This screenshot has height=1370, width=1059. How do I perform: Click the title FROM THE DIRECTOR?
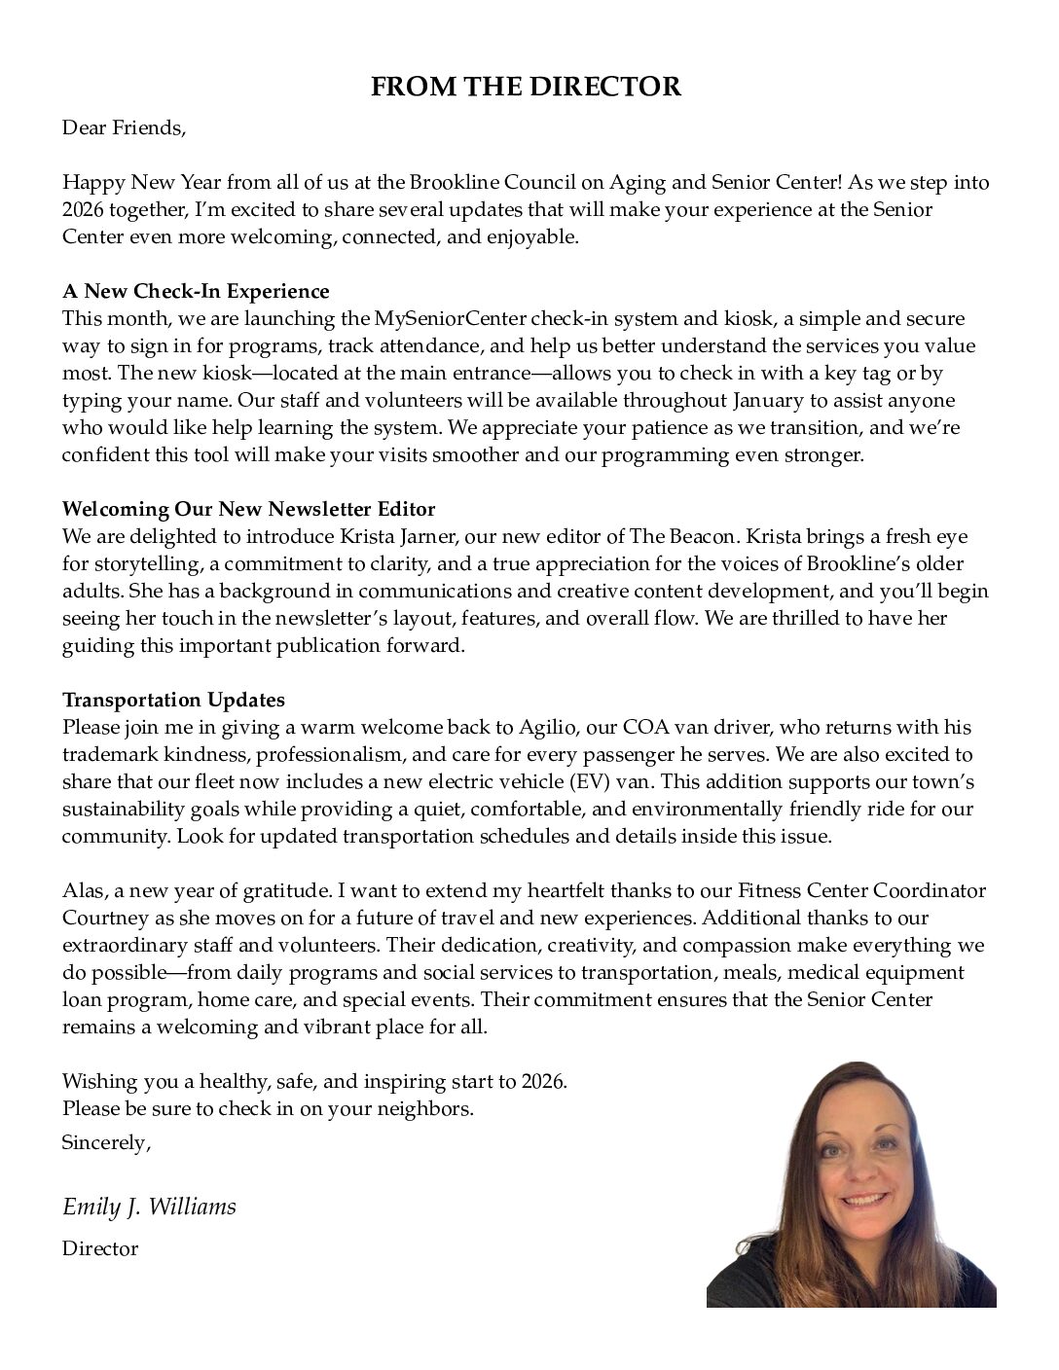pyautogui.click(x=527, y=87)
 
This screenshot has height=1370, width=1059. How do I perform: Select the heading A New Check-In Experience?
pyautogui.click(x=196, y=291)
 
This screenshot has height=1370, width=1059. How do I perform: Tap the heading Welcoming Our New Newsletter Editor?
pyautogui.click(x=248, y=509)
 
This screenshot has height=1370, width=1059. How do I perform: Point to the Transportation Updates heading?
pyautogui.click(x=173, y=700)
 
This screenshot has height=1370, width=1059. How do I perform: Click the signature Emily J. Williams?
pyautogui.click(x=149, y=1208)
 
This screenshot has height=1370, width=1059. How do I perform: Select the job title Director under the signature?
pyautogui.click(x=100, y=1248)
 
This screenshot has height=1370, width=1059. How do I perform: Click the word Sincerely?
pyautogui.click(x=106, y=1142)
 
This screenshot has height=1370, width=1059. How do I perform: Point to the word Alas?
pyautogui.click(x=82, y=890)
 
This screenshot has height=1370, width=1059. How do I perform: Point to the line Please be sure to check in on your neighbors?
pyautogui.click(x=268, y=1108)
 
